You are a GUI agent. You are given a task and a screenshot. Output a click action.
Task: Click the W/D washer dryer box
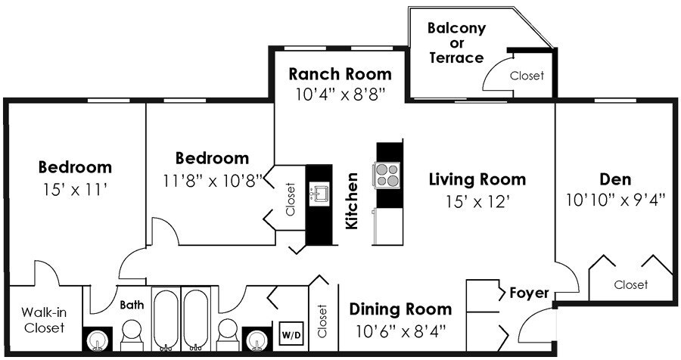point(291,334)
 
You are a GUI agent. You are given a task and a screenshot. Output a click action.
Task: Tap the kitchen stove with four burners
point(386,175)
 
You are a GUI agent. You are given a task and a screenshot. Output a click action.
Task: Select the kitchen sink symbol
point(319,194)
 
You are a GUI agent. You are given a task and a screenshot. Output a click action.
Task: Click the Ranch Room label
point(340,74)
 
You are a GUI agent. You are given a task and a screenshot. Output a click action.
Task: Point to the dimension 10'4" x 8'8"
point(340,95)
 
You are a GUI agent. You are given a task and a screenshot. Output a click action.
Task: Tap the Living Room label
point(477,179)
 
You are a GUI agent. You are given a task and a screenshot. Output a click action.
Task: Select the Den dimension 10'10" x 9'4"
point(615,200)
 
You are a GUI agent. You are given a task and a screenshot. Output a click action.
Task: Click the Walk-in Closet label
point(45,320)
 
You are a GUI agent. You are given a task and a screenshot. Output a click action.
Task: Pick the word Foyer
point(529,293)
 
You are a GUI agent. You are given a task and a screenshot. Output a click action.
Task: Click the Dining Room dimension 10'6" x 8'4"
point(401,332)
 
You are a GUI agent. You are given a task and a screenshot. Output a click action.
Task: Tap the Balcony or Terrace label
point(456,42)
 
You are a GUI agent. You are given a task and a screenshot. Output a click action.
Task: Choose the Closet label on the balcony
point(527,76)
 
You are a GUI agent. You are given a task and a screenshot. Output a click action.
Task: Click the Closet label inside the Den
point(630,285)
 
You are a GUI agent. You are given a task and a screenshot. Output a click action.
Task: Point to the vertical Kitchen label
point(351,200)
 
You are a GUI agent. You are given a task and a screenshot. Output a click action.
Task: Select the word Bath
point(132,305)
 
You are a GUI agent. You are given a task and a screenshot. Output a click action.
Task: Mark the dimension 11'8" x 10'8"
point(213,180)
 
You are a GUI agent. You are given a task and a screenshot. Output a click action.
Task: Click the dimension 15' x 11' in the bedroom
point(75,189)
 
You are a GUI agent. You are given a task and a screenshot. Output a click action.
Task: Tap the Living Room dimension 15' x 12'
point(477,201)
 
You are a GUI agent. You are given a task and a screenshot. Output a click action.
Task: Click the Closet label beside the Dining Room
point(322,321)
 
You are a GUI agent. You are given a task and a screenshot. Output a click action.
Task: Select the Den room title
point(615,179)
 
